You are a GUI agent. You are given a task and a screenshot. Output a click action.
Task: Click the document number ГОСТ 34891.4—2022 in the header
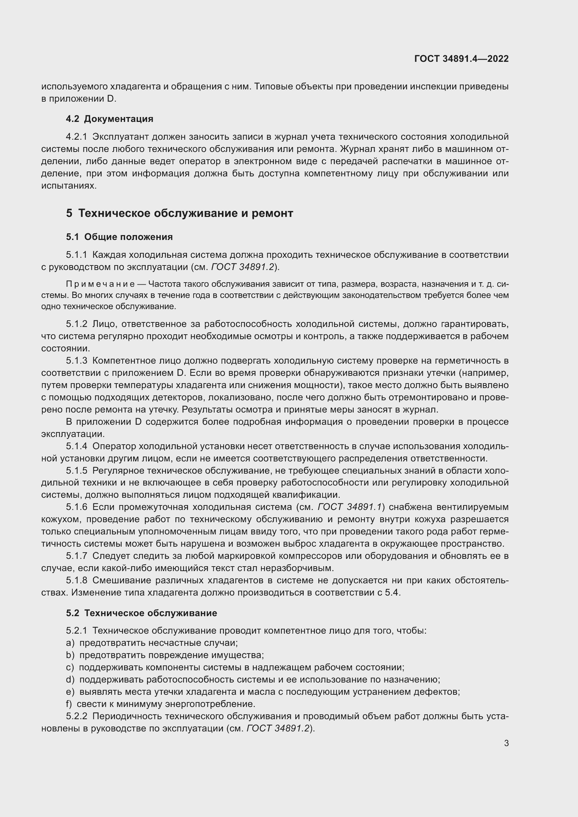point(461,59)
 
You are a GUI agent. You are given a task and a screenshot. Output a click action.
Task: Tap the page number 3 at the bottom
point(506,743)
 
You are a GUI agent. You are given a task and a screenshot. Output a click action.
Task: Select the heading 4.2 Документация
point(109,119)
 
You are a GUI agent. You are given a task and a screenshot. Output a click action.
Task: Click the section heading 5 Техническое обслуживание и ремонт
point(179,213)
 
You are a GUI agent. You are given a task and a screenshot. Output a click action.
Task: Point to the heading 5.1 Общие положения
point(119,237)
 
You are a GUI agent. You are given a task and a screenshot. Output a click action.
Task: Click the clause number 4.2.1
point(76,137)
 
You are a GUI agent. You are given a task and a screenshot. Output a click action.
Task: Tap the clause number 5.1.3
point(76,361)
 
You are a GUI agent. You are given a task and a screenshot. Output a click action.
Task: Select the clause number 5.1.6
point(76,507)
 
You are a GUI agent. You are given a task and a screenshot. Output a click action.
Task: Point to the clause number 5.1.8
point(76,581)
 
